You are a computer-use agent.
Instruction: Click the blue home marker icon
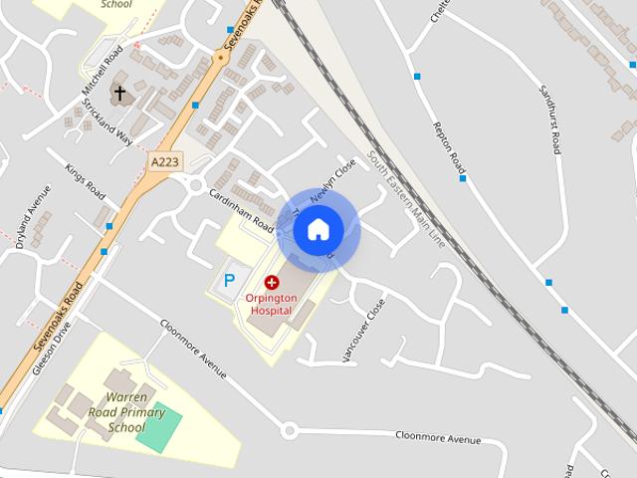pyautogui.click(x=318, y=230)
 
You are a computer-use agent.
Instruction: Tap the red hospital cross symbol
pyautogui.click(x=271, y=283)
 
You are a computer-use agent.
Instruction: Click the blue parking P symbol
pyautogui.click(x=229, y=281)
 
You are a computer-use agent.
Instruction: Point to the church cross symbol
pyautogui.click(x=119, y=95)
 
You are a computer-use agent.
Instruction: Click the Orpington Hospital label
pyautogui.click(x=271, y=304)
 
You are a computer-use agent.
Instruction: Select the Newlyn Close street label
pyautogui.click(x=332, y=182)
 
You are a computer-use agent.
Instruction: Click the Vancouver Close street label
pyautogui.click(x=362, y=330)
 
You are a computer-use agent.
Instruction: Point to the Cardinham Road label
pyautogui.click(x=242, y=210)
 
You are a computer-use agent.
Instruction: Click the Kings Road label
pyautogui.click(x=86, y=181)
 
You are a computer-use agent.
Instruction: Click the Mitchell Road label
pyautogui.click(x=104, y=71)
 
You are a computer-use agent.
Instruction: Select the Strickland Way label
pyautogui.click(x=107, y=122)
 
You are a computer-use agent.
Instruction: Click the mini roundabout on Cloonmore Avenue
pyautogui.click(x=290, y=431)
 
